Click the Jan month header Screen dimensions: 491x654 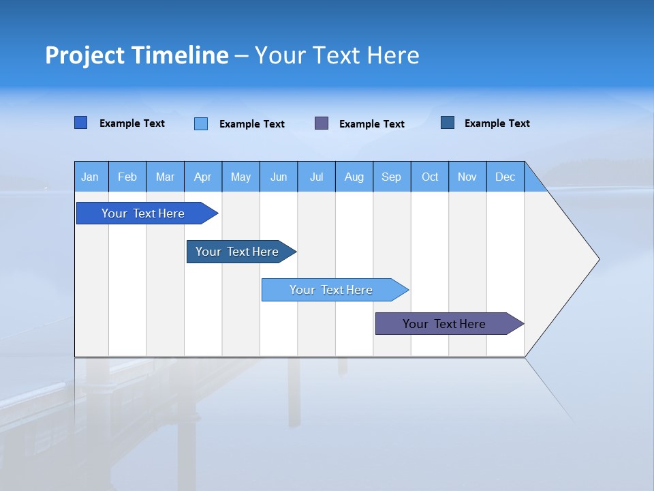90,177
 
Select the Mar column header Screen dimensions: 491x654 165,177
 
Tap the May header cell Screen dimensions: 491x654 240,177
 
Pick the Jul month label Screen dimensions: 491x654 316,177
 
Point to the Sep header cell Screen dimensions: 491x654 391,177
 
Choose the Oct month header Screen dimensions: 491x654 430,177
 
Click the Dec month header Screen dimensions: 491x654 505,177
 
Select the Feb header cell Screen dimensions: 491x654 127,177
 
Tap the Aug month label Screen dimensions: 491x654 354,177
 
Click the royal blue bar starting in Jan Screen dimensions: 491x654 143,213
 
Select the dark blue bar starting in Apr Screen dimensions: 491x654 237,252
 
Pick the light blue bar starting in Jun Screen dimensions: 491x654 331,290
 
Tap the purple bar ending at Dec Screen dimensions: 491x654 444,324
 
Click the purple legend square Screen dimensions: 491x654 322,123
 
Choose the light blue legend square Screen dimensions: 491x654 201,123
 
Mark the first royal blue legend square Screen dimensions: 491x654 80,123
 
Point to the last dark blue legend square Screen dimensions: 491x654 448,123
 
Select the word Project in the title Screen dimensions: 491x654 84,55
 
